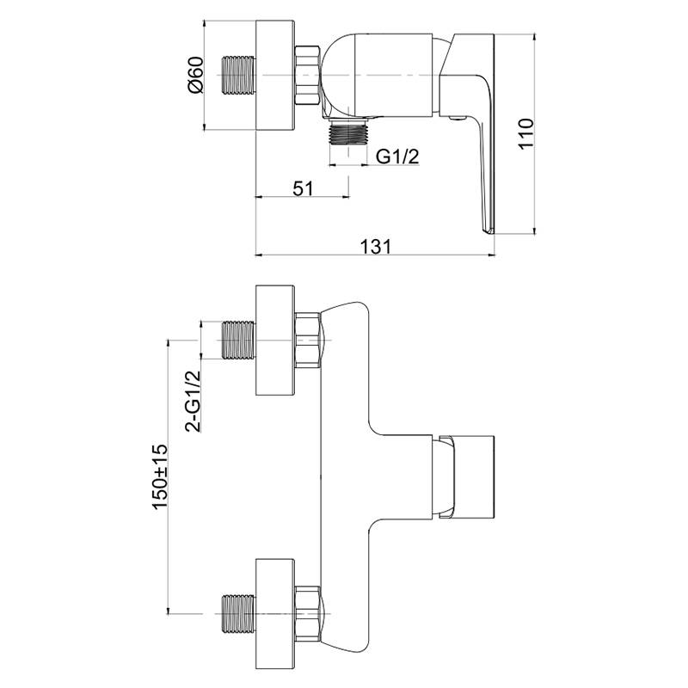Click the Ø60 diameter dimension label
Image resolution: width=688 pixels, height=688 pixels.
click(x=195, y=75)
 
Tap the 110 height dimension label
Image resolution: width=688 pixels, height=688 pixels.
click(x=526, y=134)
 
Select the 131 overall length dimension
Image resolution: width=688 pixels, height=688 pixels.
click(x=375, y=247)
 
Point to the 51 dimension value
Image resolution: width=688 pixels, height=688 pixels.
click(x=304, y=188)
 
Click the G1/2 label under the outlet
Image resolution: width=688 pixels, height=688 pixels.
click(x=397, y=157)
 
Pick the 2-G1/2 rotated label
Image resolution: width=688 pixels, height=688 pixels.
click(x=193, y=401)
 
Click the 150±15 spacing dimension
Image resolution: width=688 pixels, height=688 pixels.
click(x=160, y=476)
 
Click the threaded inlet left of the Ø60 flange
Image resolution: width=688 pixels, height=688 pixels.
click(x=239, y=75)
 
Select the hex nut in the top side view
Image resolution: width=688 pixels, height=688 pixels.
click(x=308, y=75)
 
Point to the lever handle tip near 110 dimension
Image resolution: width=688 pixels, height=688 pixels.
click(x=488, y=230)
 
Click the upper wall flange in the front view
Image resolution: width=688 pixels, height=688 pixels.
click(x=274, y=341)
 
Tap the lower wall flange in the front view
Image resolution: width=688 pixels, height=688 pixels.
click(x=274, y=613)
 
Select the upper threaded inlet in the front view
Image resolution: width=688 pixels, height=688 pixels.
click(x=239, y=340)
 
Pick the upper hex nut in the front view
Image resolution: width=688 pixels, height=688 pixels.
click(x=308, y=340)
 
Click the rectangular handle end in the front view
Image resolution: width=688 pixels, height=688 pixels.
click(x=467, y=477)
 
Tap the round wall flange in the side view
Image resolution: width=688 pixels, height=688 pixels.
click(x=274, y=75)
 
